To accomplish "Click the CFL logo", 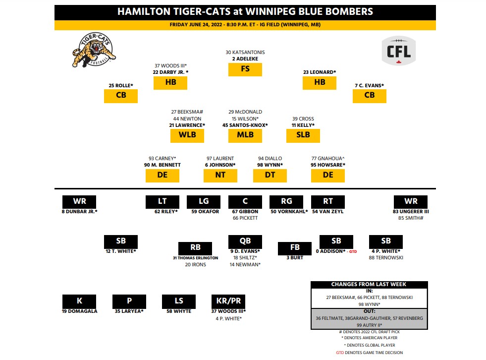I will (x=398, y=51).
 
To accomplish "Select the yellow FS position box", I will (x=245, y=69).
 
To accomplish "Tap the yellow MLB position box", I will (x=245, y=135).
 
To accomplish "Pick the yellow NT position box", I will (x=220, y=175).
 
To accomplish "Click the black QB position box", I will (x=245, y=241).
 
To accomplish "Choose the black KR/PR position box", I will (x=228, y=301).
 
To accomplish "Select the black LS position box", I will (x=179, y=301).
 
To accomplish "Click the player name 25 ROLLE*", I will (x=121, y=85).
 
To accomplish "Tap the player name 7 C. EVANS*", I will (x=369, y=85).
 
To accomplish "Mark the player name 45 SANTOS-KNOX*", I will (x=245, y=125).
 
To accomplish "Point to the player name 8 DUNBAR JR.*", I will (x=79, y=212).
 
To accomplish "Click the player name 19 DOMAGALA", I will (x=80, y=311).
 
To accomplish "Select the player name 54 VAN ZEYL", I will (x=327, y=212).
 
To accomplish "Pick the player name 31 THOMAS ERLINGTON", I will (x=195, y=258).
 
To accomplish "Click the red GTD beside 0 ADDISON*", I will (x=353, y=251).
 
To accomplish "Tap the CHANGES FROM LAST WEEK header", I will (x=369, y=284).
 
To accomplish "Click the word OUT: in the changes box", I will (x=369, y=311).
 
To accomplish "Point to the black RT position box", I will (x=327, y=202).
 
